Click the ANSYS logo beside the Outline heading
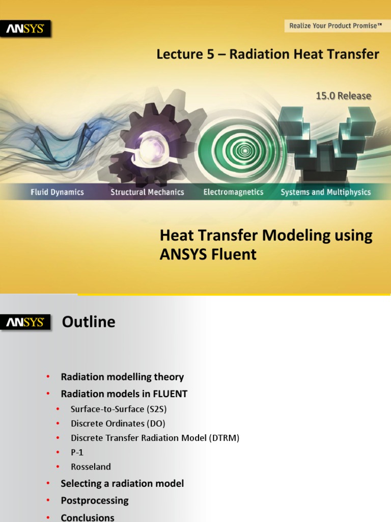tap(25, 322)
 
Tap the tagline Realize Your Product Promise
tap(336, 25)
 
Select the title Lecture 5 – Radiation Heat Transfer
tap(268, 55)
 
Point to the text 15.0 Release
tap(343, 96)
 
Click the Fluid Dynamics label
tap(57, 192)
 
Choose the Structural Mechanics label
tap(147, 192)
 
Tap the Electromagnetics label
tap(233, 192)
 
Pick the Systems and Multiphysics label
tap(326, 192)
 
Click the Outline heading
tap(89, 322)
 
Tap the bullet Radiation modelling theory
tap(122, 377)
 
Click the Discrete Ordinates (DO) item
tap(118, 424)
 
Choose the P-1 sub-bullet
tap(77, 452)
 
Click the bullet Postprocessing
tap(95, 501)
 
